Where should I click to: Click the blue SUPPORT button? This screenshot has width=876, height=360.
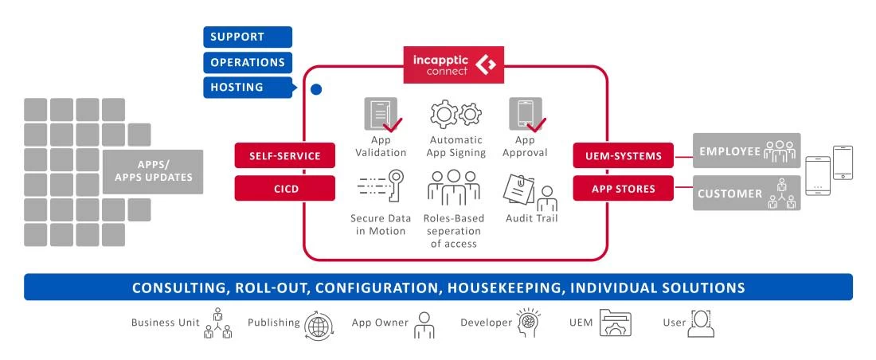click(248, 37)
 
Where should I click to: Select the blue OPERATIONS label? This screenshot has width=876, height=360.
click(248, 62)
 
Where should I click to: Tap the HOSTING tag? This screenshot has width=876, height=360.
click(248, 88)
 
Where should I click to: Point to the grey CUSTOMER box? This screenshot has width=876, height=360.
click(746, 194)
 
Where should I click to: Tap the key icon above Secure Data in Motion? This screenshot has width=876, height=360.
click(377, 188)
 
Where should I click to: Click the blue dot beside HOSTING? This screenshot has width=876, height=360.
click(316, 90)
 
